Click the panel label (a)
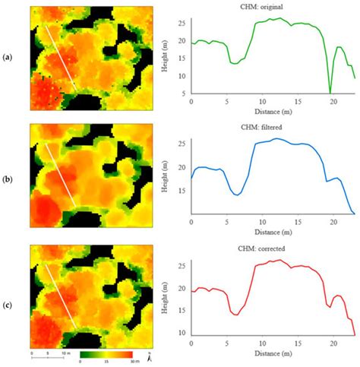[x=8, y=56]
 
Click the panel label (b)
[x=8, y=174]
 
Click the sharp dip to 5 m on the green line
[x=330, y=93]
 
